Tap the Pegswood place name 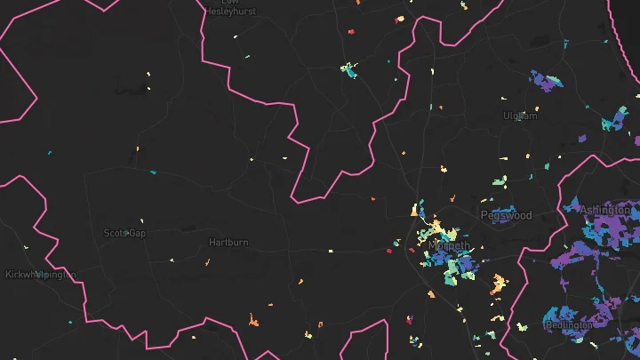506,215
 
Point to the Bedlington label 569,325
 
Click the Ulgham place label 521,116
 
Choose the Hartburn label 228,242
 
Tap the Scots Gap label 124,233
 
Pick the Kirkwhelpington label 40,275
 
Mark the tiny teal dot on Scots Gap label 128,233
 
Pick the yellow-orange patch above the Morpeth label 415,211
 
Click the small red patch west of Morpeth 389,251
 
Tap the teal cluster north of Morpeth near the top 348,68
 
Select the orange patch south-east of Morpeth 499,284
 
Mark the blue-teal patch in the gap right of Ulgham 612,122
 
